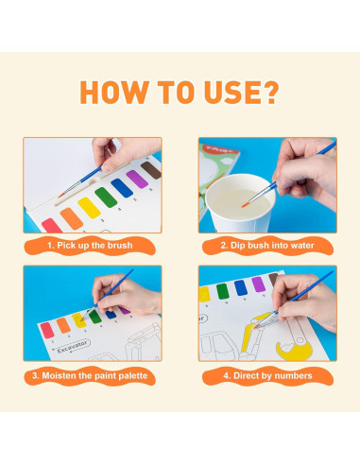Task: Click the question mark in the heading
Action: point(269,92)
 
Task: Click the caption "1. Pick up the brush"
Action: point(90,246)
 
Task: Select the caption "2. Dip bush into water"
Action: point(267,246)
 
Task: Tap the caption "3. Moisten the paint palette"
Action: point(90,375)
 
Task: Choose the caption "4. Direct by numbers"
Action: point(267,375)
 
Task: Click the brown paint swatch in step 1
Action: point(151,170)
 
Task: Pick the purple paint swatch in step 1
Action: point(137,179)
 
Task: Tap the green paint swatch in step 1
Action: point(106,198)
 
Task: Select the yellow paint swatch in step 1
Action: point(89,208)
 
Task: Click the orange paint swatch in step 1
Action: point(72,218)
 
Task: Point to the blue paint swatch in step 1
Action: point(122,188)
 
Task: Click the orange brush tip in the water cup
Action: point(245,205)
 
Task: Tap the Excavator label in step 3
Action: point(74,346)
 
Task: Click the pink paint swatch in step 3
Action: point(47,330)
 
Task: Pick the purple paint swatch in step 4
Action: point(258,284)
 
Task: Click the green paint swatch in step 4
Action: point(222,291)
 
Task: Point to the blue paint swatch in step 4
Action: point(240,287)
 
